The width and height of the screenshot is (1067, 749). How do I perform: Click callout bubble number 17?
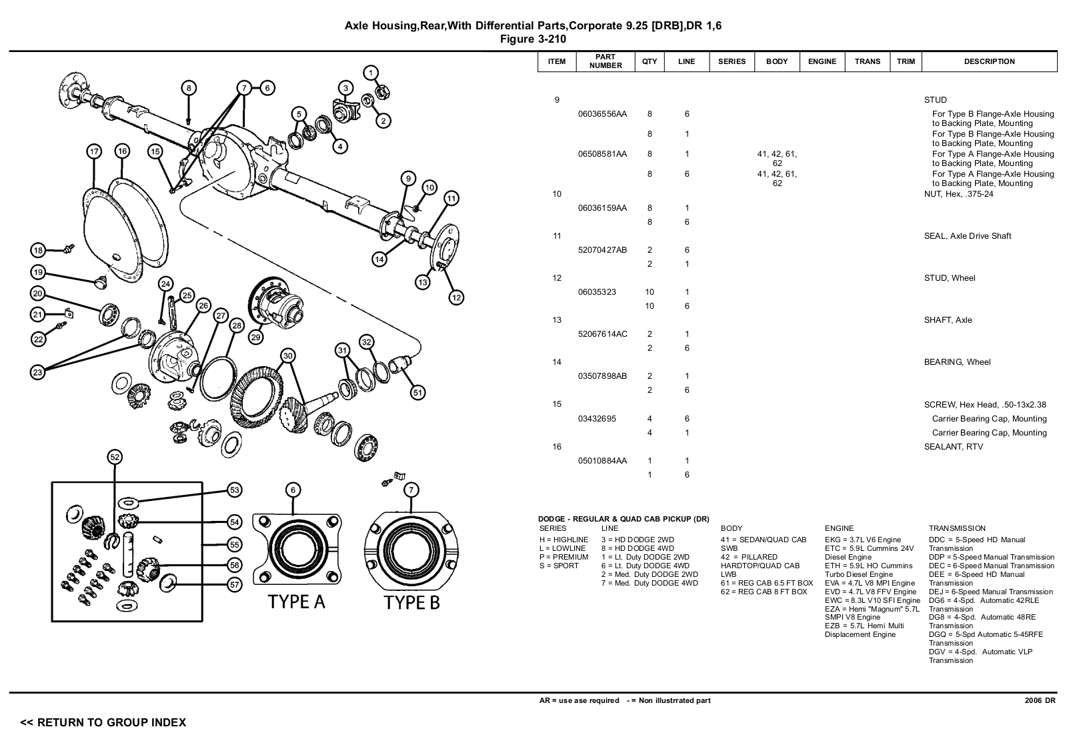[94, 151]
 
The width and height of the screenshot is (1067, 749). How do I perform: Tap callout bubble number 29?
[255, 337]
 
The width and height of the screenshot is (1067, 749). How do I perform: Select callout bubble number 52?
[115, 457]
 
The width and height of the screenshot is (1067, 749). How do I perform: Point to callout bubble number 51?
[417, 392]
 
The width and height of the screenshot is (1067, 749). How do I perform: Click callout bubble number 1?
[371, 73]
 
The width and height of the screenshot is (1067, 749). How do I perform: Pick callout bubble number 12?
[456, 297]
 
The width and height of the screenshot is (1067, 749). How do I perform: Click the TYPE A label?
[296, 602]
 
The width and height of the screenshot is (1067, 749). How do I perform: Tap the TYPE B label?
[412, 603]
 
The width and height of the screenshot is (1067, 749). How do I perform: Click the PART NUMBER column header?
[606, 61]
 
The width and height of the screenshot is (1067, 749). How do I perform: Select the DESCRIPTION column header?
[989, 61]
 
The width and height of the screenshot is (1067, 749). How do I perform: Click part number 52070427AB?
[602, 250]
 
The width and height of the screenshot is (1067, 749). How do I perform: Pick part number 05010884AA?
[602, 461]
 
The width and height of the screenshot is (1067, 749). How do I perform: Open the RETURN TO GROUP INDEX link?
[103, 722]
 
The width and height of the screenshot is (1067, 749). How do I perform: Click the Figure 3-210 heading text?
[533, 39]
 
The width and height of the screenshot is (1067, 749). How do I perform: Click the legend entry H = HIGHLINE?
[564, 540]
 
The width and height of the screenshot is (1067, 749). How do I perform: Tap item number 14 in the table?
[557, 362]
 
